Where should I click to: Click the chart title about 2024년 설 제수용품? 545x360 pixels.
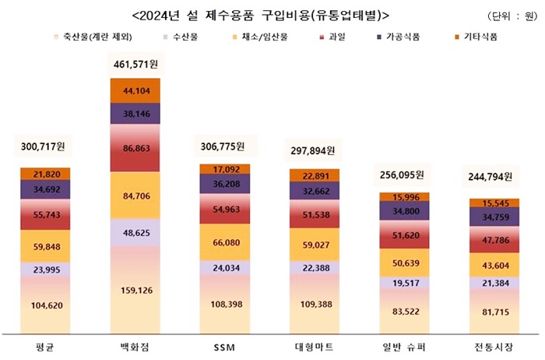click(x=261, y=15)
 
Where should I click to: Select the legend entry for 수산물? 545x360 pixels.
click(x=185, y=37)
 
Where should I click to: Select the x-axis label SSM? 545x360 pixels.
click(x=223, y=345)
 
